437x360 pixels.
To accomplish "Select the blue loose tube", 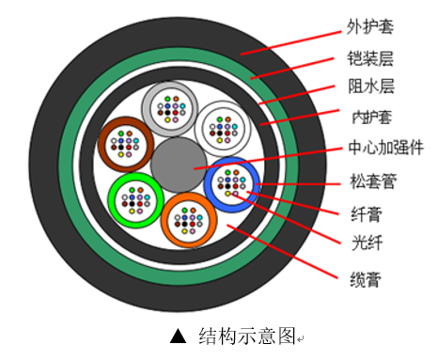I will tap(231, 185).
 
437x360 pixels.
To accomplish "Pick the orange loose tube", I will tap(190, 219).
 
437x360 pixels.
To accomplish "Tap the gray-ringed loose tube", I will tap(170, 109).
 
